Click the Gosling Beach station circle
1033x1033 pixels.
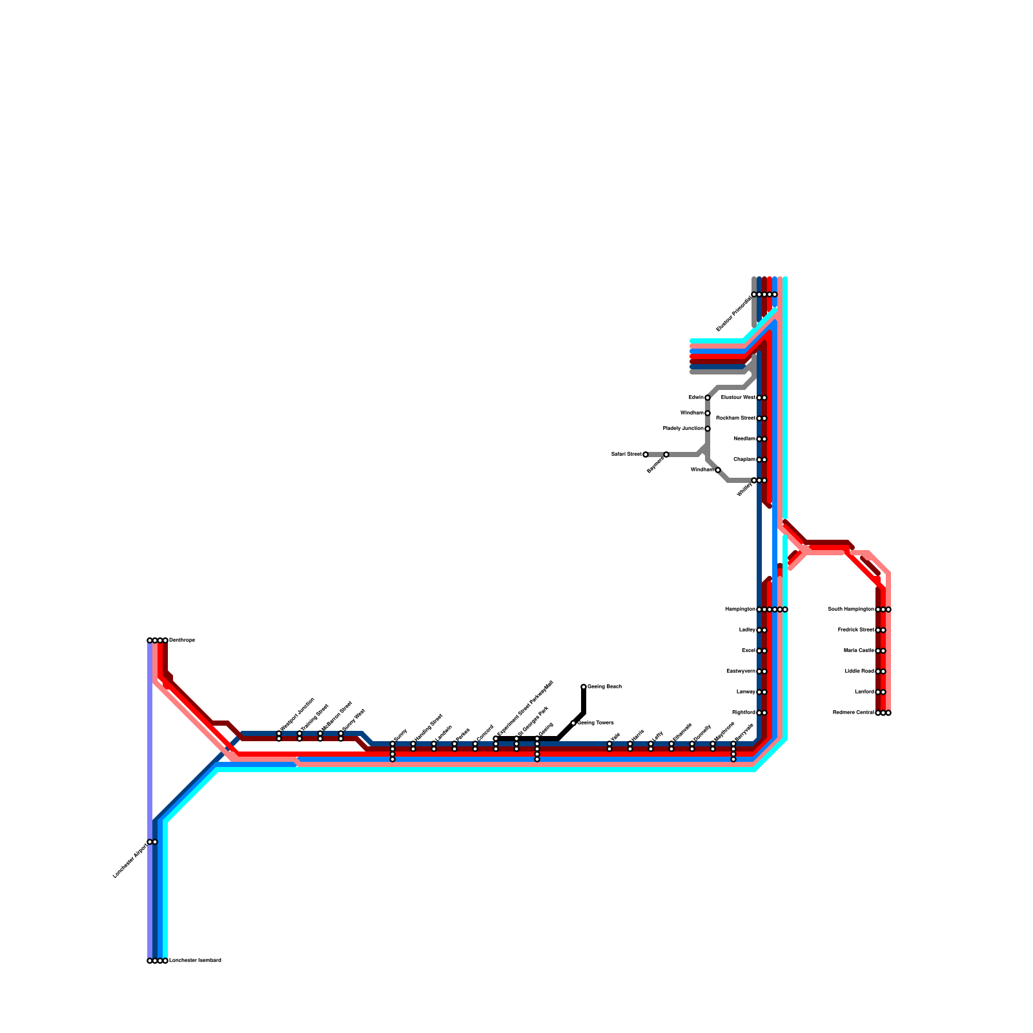coord(584,687)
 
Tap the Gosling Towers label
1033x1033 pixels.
coord(595,723)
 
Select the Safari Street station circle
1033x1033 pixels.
coord(646,455)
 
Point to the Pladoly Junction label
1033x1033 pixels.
coord(683,429)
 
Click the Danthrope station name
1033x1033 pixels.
coord(182,640)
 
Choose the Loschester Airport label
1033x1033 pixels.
coord(130,861)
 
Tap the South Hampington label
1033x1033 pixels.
coord(850,609)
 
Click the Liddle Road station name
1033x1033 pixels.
coord(859,671)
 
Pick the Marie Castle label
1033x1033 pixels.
coord(859,651)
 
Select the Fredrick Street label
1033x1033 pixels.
coord(855,630)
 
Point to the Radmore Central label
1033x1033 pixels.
coord(853,713)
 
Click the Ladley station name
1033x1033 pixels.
coord(747,630)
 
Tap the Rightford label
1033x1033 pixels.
coord(743,713)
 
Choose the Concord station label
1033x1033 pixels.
coord(485,733)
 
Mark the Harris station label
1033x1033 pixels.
coord(637,735)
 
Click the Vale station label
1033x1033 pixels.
coord(615,737)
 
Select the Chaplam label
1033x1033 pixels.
coord(744,460)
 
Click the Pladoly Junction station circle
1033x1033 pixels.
coord(708,429)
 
